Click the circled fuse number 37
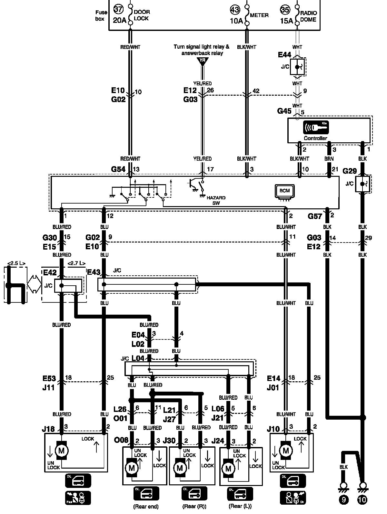[x=118, y=9]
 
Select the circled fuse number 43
[x=235, y=10]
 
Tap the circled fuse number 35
[x=285, y=10]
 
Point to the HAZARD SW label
[x=216, y=200]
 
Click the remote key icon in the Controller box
[x=316, y=128]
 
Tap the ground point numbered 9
[x=344, y=500]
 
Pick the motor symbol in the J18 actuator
[x=61, y=450]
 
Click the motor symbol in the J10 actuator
[x=286, y=450]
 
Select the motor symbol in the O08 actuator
[x=132, y=468]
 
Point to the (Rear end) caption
[x=146, y=507]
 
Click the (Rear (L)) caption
[x=240, y=506]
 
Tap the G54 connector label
[x=118, y=169]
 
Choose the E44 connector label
[x=284, y=55]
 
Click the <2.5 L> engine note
[x=16, y=263]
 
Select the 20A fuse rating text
[x=120, y=20]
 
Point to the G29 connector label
[x=350, y=171]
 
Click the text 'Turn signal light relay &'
[x=201, y=47]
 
